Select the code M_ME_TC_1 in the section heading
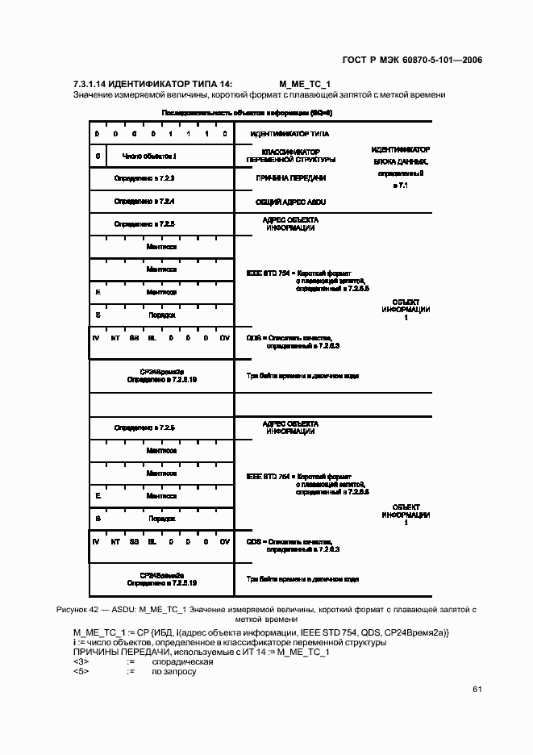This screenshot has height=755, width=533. (305, 84)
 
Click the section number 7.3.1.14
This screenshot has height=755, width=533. (89, 84)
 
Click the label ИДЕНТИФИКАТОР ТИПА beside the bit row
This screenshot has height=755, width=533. (289, 134)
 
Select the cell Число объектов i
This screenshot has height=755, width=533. (149, 156)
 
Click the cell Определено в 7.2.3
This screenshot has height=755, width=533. (144, 177)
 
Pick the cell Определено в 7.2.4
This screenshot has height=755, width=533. (144, 200)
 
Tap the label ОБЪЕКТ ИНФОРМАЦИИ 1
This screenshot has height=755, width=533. (406, 310)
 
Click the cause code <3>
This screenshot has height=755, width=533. (81, 661)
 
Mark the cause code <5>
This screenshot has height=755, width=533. (81, 671)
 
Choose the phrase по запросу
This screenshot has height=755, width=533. (174, 671)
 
